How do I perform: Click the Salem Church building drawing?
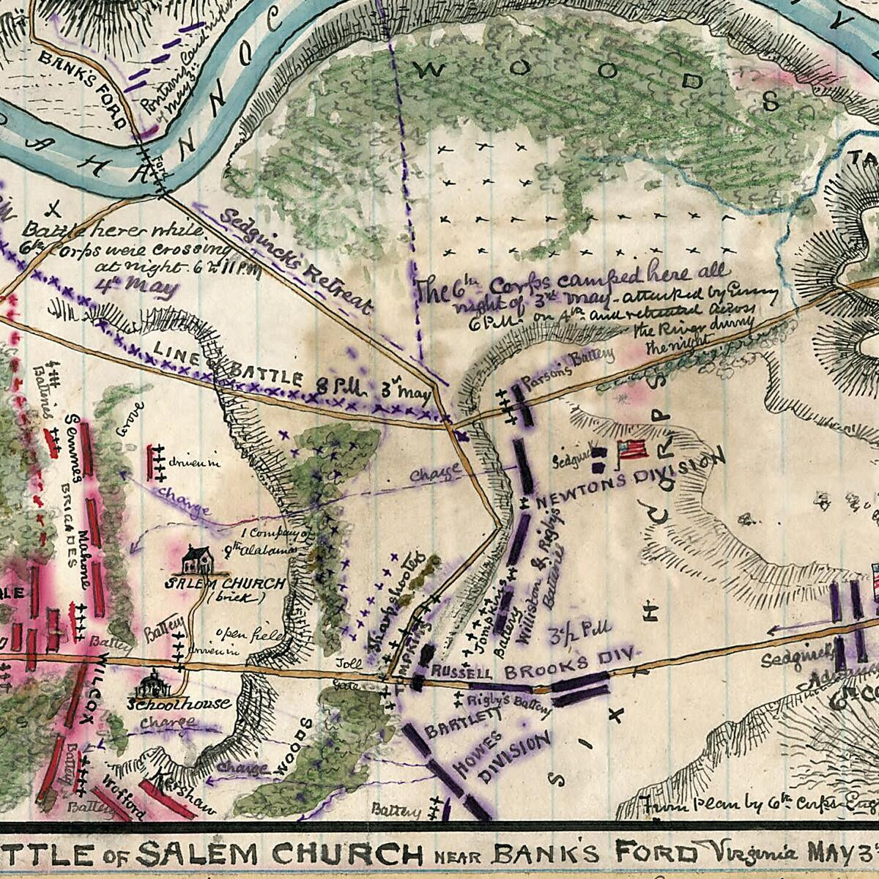pos(197,560)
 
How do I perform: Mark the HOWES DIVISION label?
pos(505,758)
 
